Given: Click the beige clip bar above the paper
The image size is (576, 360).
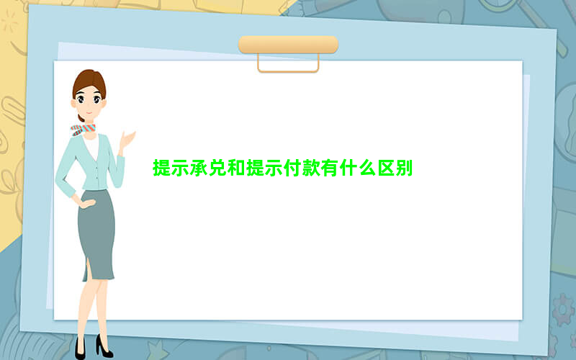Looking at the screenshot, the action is [289, 45].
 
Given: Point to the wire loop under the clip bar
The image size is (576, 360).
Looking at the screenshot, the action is [288, 71].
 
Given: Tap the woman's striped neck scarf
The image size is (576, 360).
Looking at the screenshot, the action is [83, 130].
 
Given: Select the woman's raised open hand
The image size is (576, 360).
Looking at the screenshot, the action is [127, 140].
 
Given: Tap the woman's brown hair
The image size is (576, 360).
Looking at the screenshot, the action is [89, 83].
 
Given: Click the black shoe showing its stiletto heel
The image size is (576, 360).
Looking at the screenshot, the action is [104, 346].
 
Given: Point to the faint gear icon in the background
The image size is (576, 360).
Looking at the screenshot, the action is [562, 310].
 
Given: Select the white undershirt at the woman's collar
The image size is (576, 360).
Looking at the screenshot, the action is [91, 146].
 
